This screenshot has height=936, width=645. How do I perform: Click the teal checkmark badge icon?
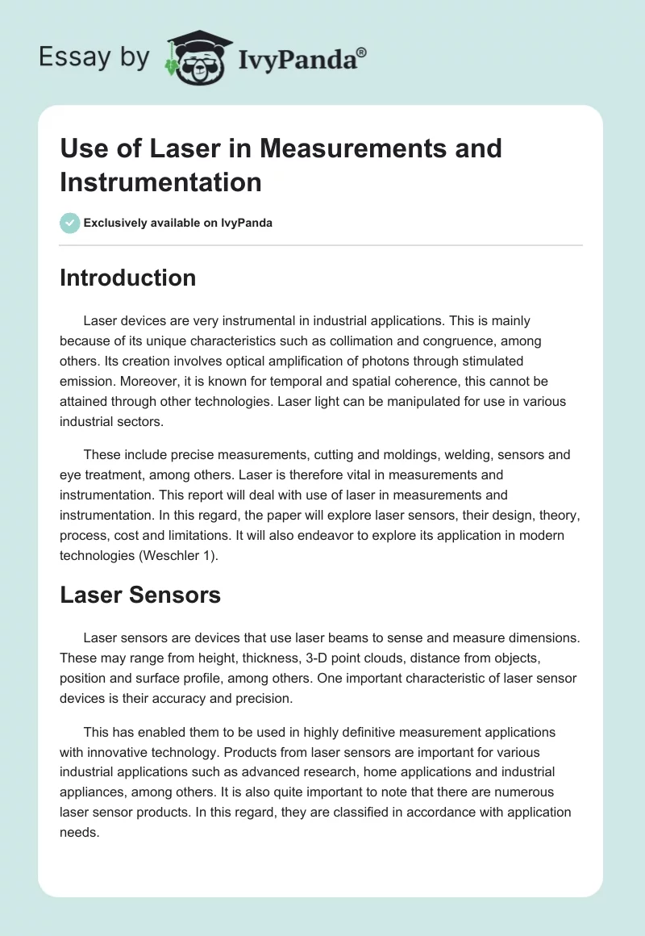click(x=70, y=223)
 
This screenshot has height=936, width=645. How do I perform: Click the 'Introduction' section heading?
click(x=128, y=278)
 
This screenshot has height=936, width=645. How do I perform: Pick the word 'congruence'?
click(x=456, y=341)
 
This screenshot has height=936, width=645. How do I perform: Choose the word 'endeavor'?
click(x=360, y=535)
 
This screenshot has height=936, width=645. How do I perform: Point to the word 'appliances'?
click(x=94, y=792)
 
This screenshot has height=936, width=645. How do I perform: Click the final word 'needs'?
click(x=79, y=833)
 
